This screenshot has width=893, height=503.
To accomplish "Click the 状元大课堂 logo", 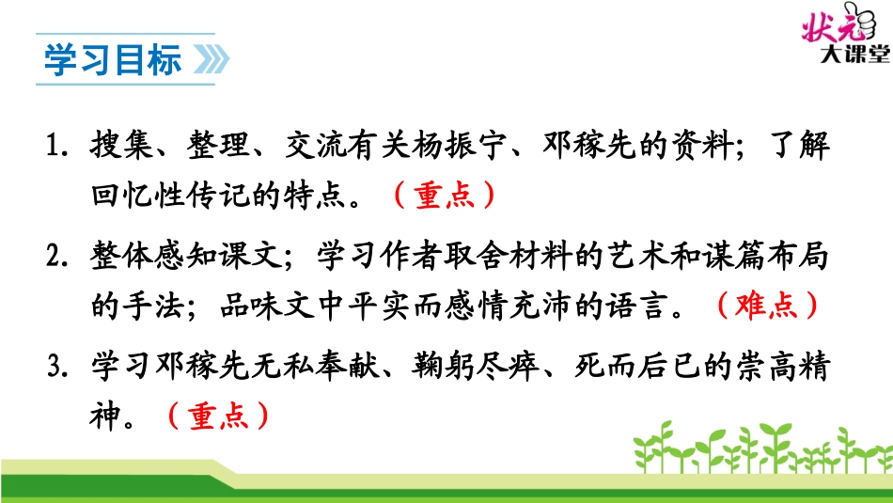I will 842,38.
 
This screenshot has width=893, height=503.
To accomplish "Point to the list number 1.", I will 52,149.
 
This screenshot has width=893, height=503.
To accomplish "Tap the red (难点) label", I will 766,307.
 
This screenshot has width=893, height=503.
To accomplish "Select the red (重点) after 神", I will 217,415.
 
